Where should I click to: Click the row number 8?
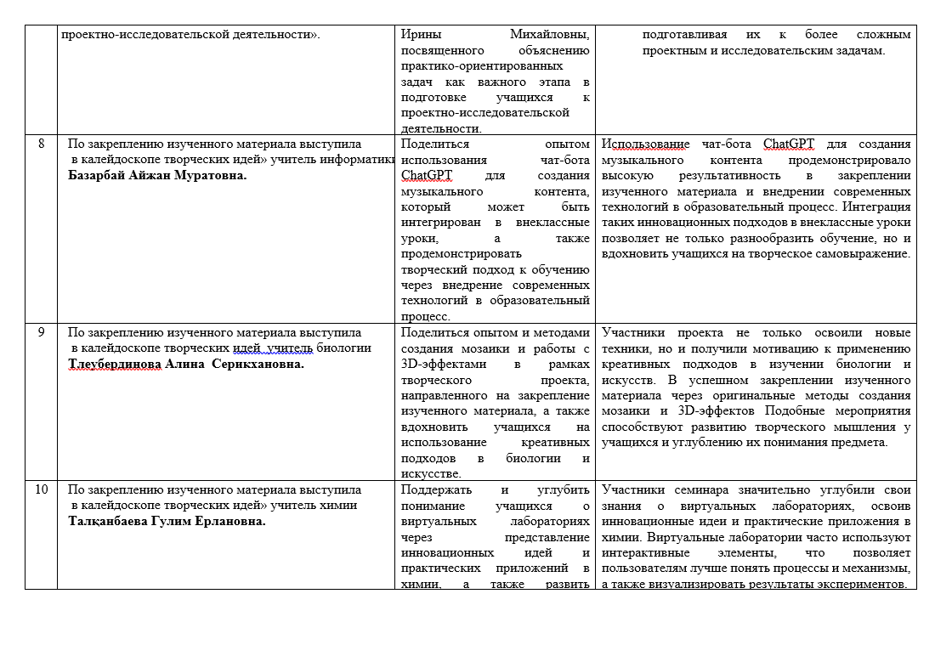(41, 144)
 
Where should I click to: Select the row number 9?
(41, 332)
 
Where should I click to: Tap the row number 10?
(41, 489)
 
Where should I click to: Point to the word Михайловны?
(550, 34)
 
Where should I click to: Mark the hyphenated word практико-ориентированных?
(481, 65)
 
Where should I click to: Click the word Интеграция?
(881, 206)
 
